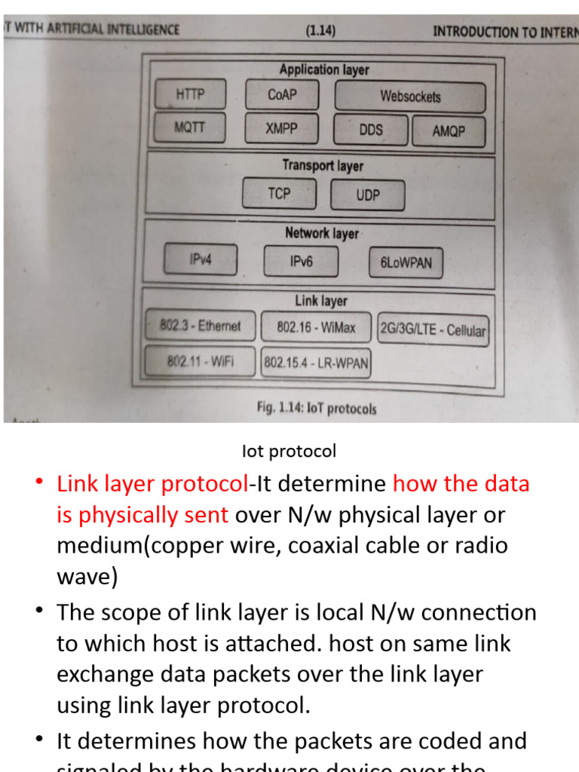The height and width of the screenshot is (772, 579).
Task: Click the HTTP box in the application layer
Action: [190, 95]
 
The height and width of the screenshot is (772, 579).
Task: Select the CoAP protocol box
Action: [282, 95]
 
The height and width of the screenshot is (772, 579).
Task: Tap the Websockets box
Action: [410, 96]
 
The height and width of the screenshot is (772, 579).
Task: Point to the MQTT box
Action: [189, 127]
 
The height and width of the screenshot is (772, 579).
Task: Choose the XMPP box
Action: [281, 128]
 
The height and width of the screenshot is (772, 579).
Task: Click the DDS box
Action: [371, 130]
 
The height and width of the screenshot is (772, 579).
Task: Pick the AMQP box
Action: [449, 131]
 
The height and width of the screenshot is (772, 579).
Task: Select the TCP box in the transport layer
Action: [279, 194]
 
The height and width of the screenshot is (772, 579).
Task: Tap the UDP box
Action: [368, 195]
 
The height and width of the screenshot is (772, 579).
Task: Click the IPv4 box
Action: [201, 260]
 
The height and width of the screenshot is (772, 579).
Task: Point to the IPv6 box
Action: [301, 262]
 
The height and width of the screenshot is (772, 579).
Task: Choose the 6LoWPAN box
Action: [406, 263]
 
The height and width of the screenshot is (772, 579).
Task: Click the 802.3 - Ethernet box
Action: [201, 326]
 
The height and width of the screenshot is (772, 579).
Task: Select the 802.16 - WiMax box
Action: [316, 328]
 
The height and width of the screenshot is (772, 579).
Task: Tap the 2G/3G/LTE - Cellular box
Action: [433, 330]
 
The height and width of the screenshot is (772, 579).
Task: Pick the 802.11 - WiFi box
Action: [201, 362]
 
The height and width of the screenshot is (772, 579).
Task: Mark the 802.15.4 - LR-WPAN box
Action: [316, 363]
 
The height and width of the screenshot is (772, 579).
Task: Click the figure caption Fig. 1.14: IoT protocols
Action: [316, 408]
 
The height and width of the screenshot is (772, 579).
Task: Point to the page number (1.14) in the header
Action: [320, 31]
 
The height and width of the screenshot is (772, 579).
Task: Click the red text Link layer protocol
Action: [152, 483]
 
